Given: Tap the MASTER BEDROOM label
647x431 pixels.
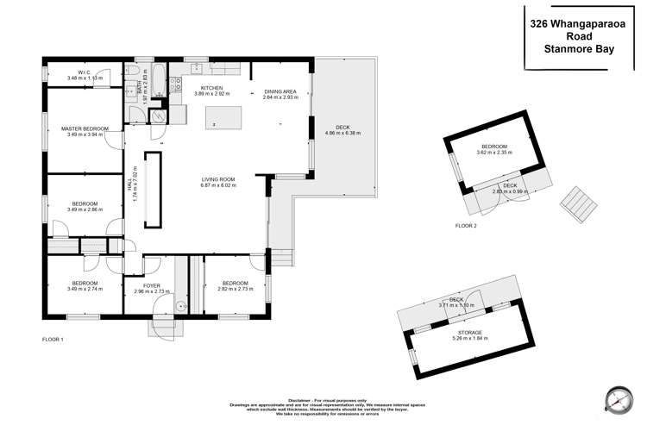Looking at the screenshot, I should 84,128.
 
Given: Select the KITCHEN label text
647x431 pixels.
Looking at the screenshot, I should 212,88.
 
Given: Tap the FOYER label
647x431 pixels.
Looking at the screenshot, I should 153,284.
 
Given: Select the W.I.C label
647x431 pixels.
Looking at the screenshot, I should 84,72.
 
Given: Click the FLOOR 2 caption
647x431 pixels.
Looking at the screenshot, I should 467,225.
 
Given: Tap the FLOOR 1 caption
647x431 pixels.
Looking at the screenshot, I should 53,340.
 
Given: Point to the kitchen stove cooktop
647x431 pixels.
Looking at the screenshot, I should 175,84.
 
